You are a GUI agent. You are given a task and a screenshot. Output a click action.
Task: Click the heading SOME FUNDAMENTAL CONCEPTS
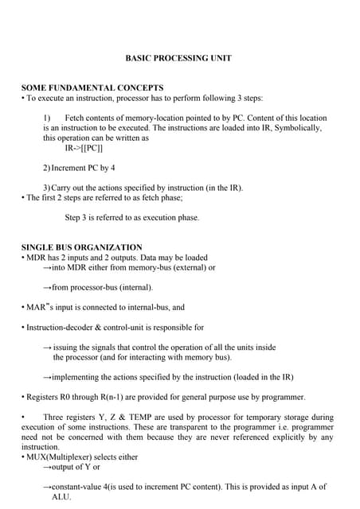pos(92,87)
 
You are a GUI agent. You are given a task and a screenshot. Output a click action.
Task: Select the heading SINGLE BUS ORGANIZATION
pos(81,247)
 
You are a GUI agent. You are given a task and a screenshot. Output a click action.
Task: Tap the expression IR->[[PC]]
pos(84,148)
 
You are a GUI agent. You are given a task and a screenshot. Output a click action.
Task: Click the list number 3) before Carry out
pos(47,188)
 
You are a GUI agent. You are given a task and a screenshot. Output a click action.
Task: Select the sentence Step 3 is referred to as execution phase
pos(131,217)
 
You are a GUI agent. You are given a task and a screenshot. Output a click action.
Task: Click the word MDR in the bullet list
pos(37,258)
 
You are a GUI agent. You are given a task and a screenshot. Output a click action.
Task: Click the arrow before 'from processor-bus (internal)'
pos(46,287)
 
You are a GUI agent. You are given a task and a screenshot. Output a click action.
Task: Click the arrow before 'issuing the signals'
pos(46,348)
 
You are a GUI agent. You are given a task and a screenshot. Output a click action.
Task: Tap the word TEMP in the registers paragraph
pos(135,417)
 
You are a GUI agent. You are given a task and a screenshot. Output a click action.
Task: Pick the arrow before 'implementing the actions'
pos(46,377)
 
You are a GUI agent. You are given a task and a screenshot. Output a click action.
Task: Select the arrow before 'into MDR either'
pos(46,268)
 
